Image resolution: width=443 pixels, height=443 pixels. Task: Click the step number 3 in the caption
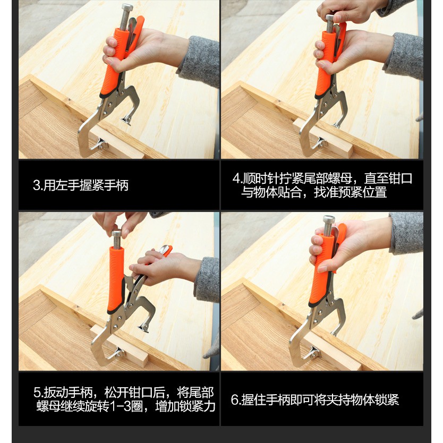point(37,185)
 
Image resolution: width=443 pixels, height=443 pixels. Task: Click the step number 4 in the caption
point(236,178)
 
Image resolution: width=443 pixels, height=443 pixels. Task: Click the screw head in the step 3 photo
point(127,7)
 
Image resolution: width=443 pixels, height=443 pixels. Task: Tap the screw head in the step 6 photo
point(329,220)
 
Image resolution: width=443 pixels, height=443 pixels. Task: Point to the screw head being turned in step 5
point(116,234)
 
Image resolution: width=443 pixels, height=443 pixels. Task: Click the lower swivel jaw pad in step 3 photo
point(100,144)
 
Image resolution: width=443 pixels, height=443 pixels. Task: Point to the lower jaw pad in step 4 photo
point(320,143)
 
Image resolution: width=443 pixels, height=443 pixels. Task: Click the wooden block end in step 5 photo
point(143,361)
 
